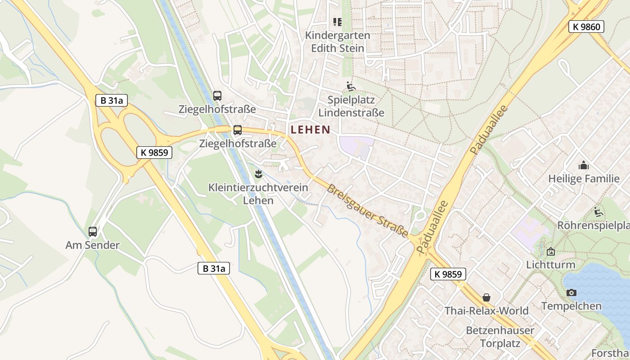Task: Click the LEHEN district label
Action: (x=310, y=130)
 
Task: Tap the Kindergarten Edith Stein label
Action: (x=337, y=41)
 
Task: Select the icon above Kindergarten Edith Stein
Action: (x=337, y=22)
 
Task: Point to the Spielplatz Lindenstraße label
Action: (x=351, y=106)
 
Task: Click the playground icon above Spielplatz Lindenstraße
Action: (x=351, y=86)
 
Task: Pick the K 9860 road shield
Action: (x=586, y=27)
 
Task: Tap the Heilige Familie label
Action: (x=584, y=179)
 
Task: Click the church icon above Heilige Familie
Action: (x=584, y=165)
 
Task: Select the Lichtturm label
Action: (x=550, y=265)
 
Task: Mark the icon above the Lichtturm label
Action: (x=550, y=252)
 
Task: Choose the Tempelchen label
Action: (x=571, y=306)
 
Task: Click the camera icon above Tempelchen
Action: (x=571, y=293)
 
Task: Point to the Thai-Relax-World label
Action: (x=486, y=310)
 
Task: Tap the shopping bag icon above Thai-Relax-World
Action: (x=486, y=297)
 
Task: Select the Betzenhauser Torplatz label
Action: (x=500, y=337)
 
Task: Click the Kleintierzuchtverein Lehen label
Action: (x=258, y=194)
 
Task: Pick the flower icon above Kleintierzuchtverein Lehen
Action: (x=258, y=174)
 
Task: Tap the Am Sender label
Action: (x=93, y=245)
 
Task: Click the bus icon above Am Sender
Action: (x=93, y=232)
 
